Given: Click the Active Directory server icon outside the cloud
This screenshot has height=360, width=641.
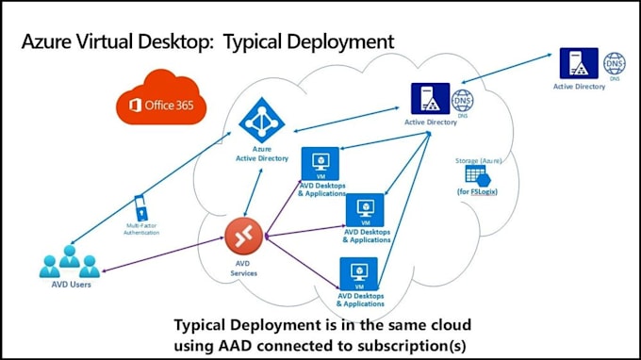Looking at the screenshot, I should pos(578,64).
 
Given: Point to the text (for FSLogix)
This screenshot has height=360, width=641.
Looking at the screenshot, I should pos(480,192).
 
